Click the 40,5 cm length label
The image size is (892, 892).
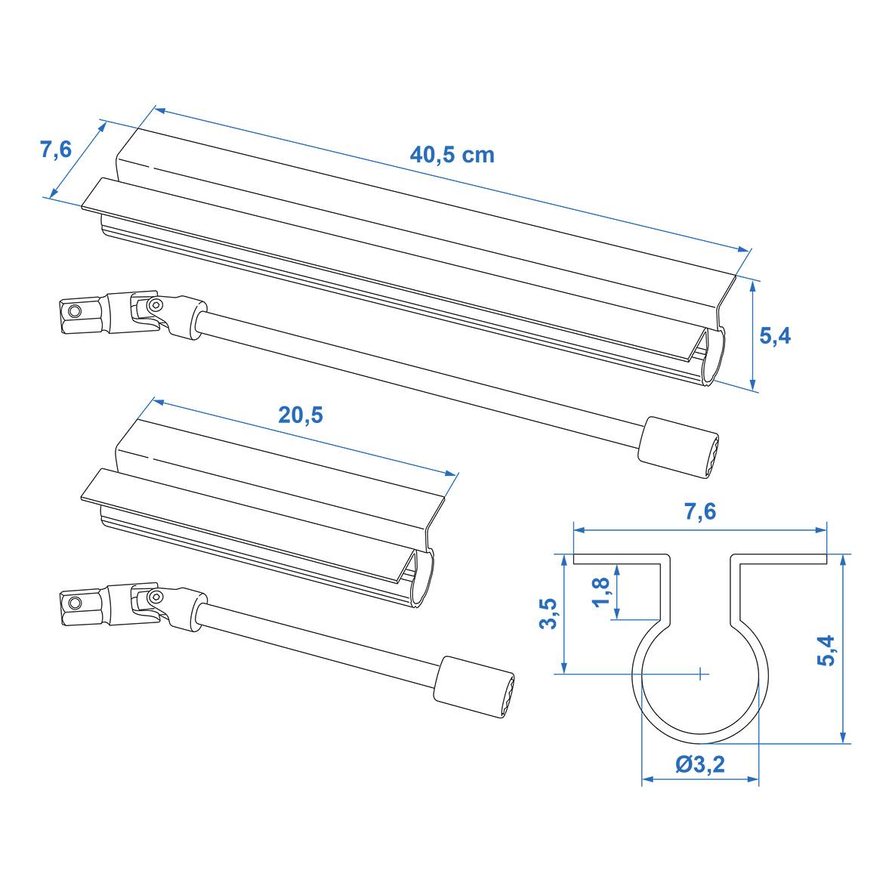pyautogui.click(x=452, y=155)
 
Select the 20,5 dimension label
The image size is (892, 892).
pyautogui.click(x=301, y=415)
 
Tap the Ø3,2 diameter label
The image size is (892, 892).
pyautogui.click(x=699, y=764)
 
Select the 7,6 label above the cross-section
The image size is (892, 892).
pyautogui.click(x=699, y=511)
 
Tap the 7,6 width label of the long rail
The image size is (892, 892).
pyautogui.click(x=56, y=150)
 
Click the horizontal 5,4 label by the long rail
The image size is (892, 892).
pyautogui.click(x=774, y=336)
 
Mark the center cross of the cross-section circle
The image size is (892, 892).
pyautogui.click(x=701, y=671)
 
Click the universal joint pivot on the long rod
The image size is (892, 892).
pyautogui.click(x=154, y=305)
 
